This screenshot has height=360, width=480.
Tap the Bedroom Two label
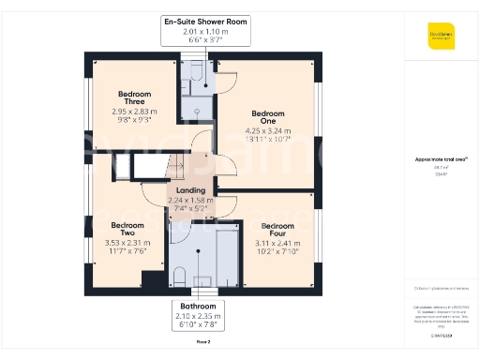pos(128,230)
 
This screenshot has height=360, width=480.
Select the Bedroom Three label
pos(134,98)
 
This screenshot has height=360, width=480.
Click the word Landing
pos(190,190)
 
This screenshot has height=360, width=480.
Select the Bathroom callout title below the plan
pos(198,307)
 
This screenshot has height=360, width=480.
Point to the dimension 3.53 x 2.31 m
pos(128,243)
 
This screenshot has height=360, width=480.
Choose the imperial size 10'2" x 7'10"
pos(277,251)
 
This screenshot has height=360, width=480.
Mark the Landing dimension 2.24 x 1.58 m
pos(190,200)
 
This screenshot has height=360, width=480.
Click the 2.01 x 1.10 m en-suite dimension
pos(204,31)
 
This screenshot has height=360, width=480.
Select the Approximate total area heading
pos(437,160)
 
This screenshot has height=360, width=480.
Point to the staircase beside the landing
pos(149,167)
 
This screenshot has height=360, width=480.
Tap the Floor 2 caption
pos(202,342)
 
